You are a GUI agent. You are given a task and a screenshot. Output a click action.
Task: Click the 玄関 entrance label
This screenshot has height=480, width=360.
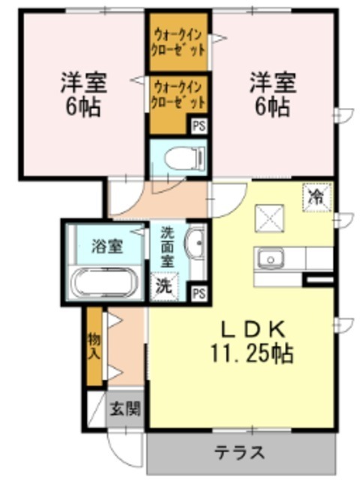124,409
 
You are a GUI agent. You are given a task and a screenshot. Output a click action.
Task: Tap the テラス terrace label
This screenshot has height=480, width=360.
240,453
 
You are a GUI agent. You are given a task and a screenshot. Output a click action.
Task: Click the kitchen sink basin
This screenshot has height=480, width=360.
268,259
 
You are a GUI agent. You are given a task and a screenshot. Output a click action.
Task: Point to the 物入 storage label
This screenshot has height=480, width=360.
94,346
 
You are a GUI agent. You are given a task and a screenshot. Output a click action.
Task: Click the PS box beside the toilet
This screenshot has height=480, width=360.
199,126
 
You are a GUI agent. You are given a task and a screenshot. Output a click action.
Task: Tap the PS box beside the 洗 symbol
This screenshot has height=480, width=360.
199,292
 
